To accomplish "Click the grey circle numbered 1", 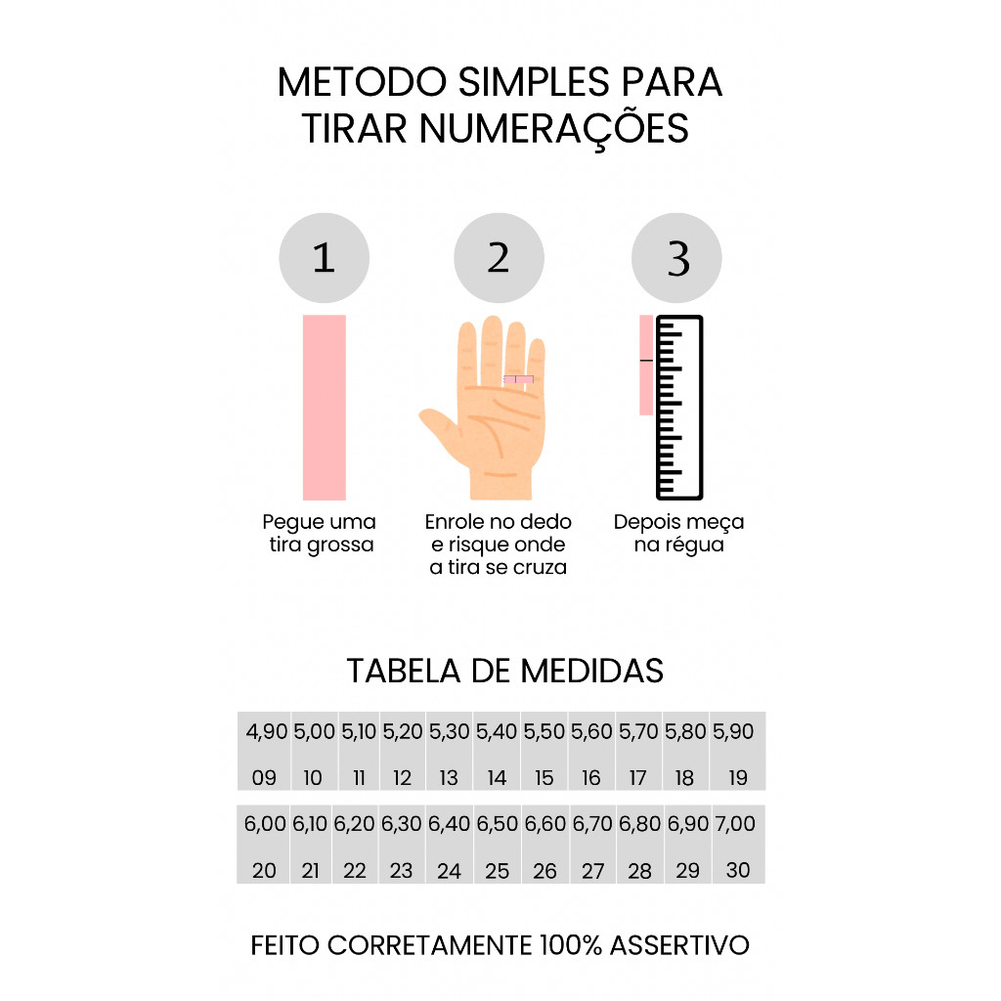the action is (325, 258).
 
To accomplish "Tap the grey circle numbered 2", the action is (500, 258).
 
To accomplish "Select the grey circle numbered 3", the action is (676, 258).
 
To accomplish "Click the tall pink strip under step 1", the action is (325, 408).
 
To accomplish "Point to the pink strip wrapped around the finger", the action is (518, 380).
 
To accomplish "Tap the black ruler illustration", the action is (680, 408).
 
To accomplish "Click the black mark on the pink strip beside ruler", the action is (647, 361).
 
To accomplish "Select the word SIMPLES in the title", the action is (534, 82).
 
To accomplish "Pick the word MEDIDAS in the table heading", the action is (591, 671).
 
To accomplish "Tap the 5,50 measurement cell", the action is (544, 731).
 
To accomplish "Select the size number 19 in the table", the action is (738, 777).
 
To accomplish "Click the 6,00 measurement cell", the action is (265, 824).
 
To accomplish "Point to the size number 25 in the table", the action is (497, 871).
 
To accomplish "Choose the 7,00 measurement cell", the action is (735, 824).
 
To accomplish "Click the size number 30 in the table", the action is (738, 870).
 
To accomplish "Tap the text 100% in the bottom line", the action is (571, 945).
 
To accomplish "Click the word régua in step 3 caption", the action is (694, 545).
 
